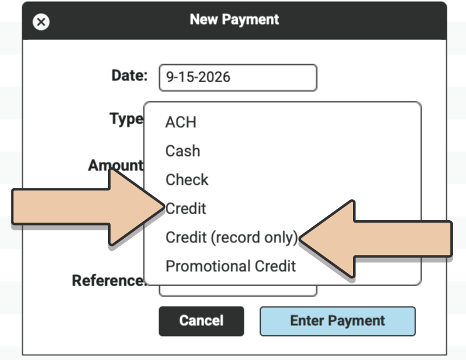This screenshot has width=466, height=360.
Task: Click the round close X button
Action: tap(41, 22)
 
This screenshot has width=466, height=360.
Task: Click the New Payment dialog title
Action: tap(234, 20)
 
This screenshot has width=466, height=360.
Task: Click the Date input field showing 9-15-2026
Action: tap(238, 77)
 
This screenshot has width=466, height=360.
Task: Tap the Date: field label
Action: tap(130, 76)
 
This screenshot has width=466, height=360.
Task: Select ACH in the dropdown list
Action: tap(181, 122)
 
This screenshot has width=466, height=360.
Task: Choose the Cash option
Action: tap(183, 151)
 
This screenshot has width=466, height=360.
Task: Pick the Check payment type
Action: tap(187, 180)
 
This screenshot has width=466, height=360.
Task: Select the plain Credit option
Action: tap(186, 209)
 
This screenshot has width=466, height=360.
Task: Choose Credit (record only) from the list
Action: tap(232, 238)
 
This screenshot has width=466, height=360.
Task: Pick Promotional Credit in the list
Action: tap(231, 266)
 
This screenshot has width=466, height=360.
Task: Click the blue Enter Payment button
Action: tap(337, 322)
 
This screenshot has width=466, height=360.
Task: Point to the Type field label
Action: tap(127, 119)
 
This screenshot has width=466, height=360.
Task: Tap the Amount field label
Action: tap(116, 165)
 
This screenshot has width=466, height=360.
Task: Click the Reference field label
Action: tap(109, 280)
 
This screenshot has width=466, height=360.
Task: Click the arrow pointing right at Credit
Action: tap(88, 207)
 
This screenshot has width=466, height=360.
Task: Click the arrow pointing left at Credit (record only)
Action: tap(375, 239)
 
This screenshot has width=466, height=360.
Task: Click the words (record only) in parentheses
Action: tap(255, 238)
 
